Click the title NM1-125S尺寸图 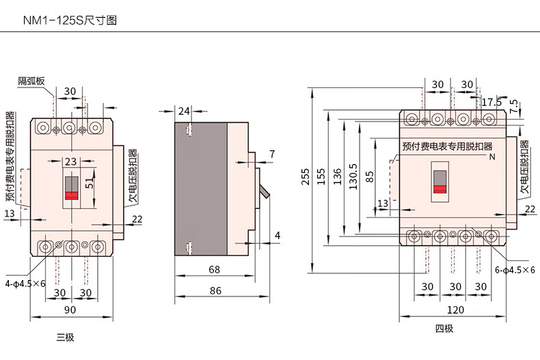70,20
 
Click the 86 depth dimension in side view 215,290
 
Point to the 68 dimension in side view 214,269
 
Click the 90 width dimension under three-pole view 70,311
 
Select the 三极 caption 65,337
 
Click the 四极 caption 444,329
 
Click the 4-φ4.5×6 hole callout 26,283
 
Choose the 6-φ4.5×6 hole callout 515,270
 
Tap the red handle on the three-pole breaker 70,195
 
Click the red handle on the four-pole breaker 440,189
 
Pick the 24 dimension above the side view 184,111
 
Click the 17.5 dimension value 491,102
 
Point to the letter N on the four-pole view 491,156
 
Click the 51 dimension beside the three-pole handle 90,184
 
